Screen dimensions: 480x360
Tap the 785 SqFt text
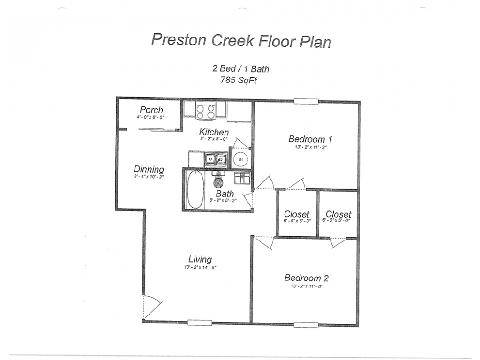tap(239, 80)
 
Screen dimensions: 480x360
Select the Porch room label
tap(151, 110)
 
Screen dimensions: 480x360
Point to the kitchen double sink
tap(216, 159)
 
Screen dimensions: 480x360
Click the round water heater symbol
tap(240, 160)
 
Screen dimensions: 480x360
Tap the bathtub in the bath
tap(195, 189)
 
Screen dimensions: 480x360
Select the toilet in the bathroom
tap(218, 180)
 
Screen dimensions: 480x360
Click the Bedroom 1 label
tap(310, 139)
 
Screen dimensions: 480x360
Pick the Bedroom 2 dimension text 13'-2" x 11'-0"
tap(307, 286)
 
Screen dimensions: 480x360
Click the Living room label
tap(200, 260)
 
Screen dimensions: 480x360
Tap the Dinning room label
tap(149, 169)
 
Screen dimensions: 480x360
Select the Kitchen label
tap(214, 132)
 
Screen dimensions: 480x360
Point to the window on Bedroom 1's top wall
tap(306, 101)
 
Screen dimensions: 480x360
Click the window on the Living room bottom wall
tap(200, 322)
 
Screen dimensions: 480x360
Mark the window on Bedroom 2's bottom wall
tap(306, 324)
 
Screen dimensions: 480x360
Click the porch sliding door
tap(158, 129)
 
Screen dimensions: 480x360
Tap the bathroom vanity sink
tap(242, 178)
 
